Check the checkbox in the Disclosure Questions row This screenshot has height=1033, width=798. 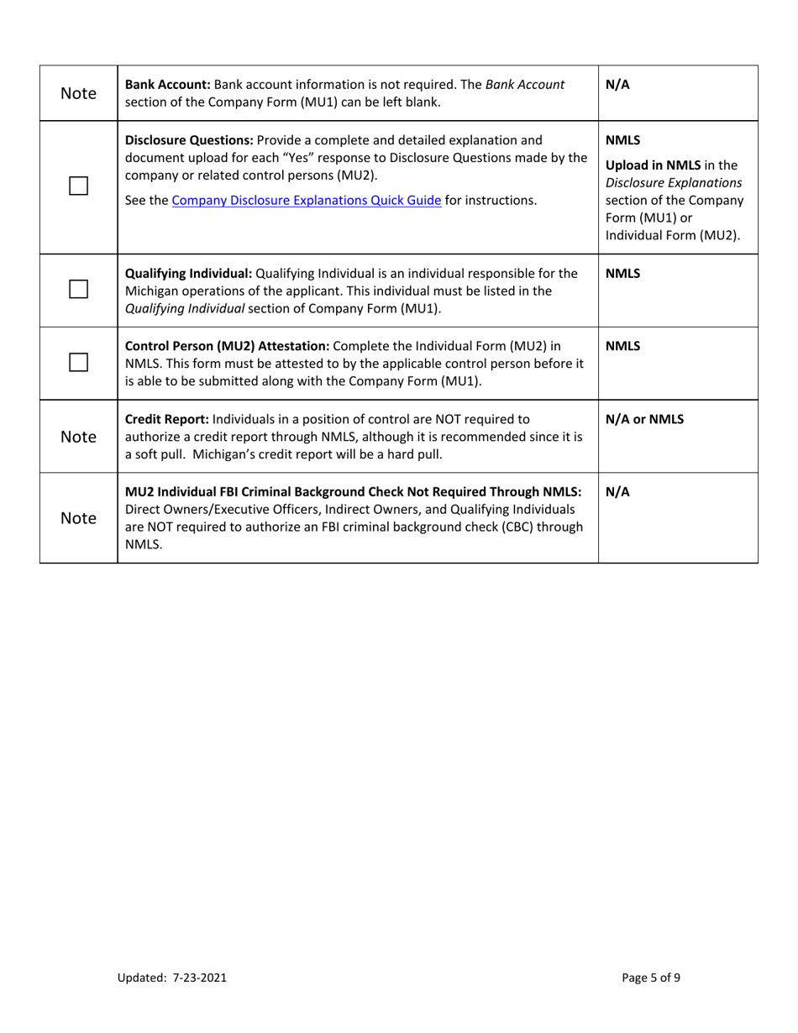[79, 187]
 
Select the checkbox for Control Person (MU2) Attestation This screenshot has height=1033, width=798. [79, 363]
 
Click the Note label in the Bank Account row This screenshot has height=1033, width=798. [79, 93]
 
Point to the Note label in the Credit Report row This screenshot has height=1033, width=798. [79, 437]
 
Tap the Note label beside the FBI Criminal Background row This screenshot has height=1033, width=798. [79, 518]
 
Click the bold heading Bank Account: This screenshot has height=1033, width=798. [168, 85]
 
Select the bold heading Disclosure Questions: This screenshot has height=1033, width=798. [189, 139]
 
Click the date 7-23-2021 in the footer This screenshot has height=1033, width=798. [199, 977]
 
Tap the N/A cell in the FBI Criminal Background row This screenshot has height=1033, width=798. [617, 492]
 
